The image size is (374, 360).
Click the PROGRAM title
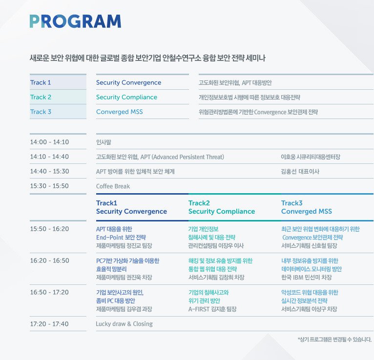coord(75,21)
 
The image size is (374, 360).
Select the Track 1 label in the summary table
coord(41,82)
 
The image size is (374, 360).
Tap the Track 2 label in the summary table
coord(41,97)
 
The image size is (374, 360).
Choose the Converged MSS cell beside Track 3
coord(120,112)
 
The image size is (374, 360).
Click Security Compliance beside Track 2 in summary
coord(126,97)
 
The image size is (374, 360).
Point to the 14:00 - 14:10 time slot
coord(49,142)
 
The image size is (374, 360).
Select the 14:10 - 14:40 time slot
coord(49,157)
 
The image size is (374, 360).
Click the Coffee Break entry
coord(113,186)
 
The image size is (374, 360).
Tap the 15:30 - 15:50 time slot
coord(49,186)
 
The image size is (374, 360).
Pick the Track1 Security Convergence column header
coord(131,207)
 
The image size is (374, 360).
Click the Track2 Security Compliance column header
coord(222,207)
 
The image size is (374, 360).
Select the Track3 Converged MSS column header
coord(307,207)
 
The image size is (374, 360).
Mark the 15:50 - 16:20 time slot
coord(49,229)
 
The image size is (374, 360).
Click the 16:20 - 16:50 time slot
coord(49,260)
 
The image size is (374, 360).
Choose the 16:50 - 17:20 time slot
coord(49,292)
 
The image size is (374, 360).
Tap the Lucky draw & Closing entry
coord(125,324)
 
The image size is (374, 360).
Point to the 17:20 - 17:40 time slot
coord(49,324)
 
